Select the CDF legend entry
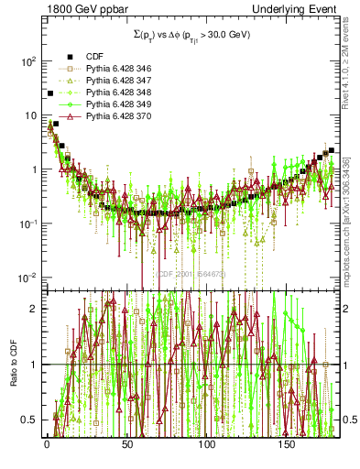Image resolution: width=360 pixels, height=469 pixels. pos(95,58)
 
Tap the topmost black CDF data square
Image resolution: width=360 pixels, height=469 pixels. pos(49,93)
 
